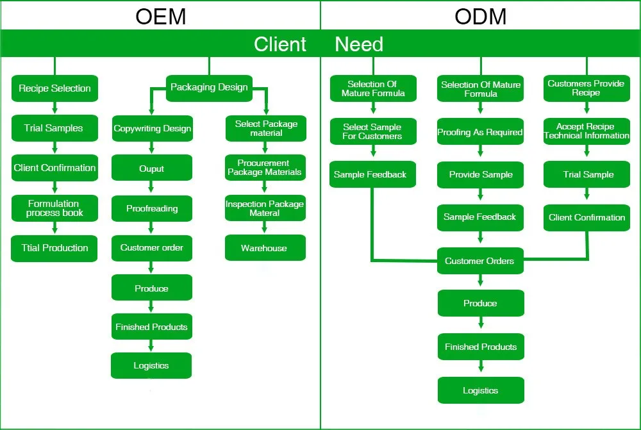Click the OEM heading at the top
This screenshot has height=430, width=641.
click(160, 16)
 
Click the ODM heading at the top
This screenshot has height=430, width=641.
click(480, 16)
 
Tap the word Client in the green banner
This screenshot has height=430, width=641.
click(280, 44)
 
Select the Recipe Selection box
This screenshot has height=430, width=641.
click(54, 88)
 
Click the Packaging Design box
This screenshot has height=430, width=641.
click(209, 87)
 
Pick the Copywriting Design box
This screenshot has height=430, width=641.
click(152, 129)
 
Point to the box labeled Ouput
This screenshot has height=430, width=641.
click(152, 169)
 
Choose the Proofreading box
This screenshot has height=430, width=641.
click(152, 208)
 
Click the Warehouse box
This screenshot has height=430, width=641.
click(264, 248)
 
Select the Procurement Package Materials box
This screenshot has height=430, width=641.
click(264, 168)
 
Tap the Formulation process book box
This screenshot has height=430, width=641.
click(54, 208)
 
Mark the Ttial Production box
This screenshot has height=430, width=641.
click(54, 248)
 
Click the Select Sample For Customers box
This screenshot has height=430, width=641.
click(372, 131)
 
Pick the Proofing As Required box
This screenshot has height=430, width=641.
click(480, 132)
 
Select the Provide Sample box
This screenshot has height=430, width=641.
click(480, 174)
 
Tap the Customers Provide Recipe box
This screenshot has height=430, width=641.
click(586, 88)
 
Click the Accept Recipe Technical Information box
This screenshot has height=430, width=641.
click(587, 131)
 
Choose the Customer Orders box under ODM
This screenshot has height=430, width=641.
click(480, 261)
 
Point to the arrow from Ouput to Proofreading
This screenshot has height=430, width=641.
click(152, 188)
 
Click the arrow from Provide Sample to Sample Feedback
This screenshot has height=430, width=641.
click(480, 195)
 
